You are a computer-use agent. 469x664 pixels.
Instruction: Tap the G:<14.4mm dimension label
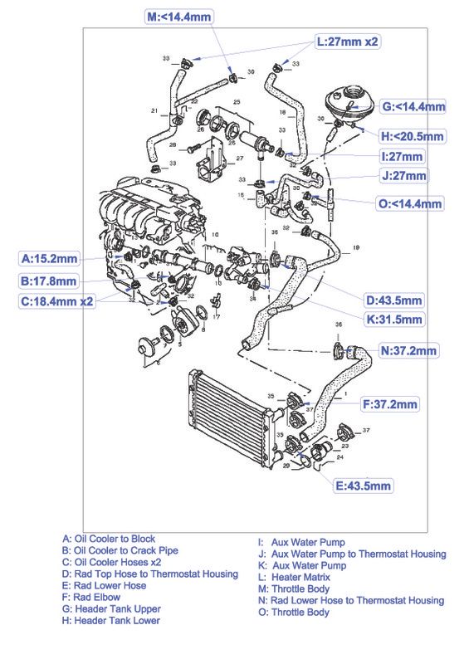pos(413,107)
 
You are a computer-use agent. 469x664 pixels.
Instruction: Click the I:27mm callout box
pos(401,155)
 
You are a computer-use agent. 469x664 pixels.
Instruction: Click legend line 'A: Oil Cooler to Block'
pos(103,539)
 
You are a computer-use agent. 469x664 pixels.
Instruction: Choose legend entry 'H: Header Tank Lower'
pos(105,619)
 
